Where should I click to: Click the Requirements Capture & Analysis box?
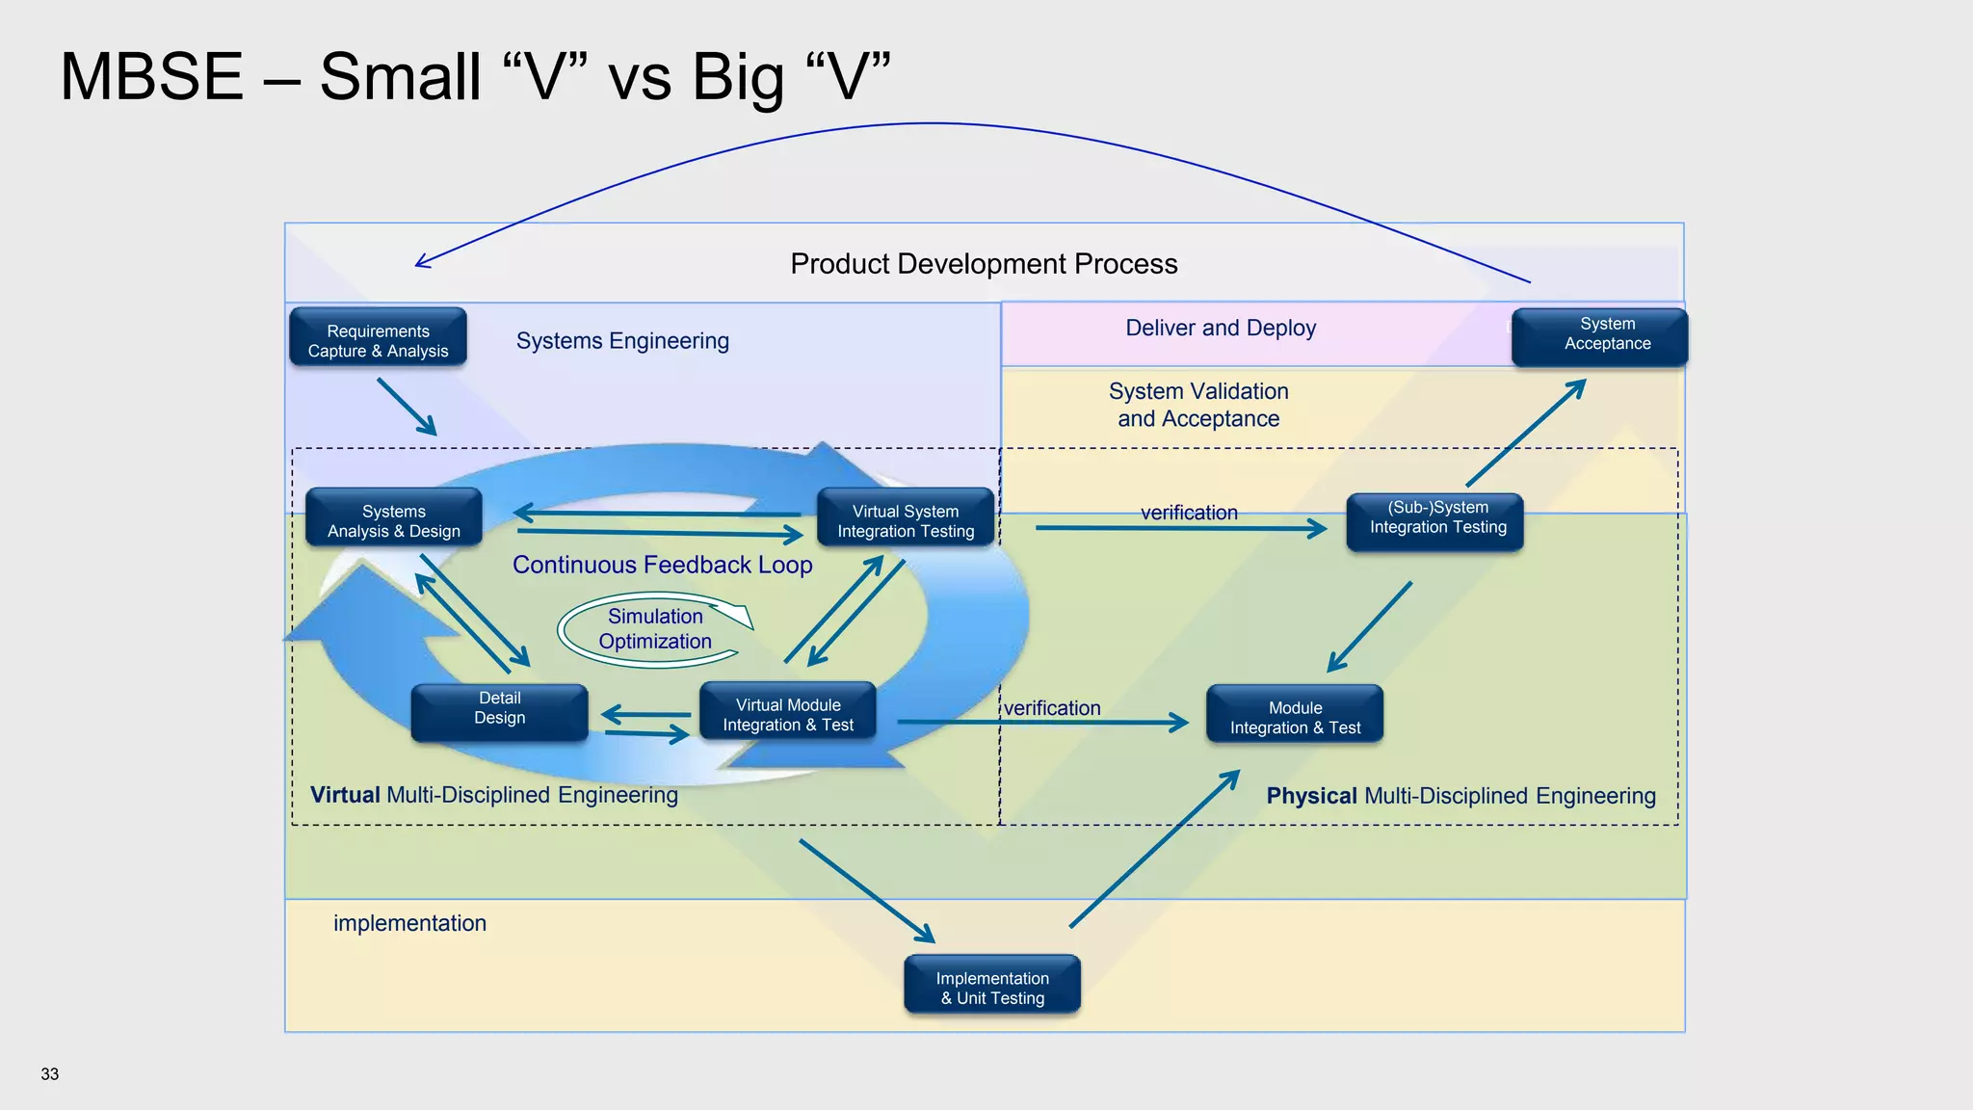point(378,337)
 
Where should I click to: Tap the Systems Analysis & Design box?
point(393,518)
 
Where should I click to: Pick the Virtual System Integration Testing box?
point(905,518)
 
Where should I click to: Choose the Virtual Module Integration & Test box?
point(788,712)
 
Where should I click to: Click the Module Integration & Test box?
point(1295,714)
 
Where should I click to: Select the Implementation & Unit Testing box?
point(992,985)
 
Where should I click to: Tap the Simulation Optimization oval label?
point(655,629)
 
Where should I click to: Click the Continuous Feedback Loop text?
point(662,565)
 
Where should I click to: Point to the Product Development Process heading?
point(984,264)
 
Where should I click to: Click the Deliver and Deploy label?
point(1221,328)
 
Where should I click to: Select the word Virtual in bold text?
point(345,795)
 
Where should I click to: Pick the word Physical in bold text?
point(1311,796)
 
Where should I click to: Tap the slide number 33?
point(50,1074)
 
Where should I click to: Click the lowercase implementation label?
point(409,923)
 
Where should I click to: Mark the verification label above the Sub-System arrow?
point(1189,513)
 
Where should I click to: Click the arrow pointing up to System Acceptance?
point(1526,434)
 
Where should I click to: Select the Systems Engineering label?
point(622,341)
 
